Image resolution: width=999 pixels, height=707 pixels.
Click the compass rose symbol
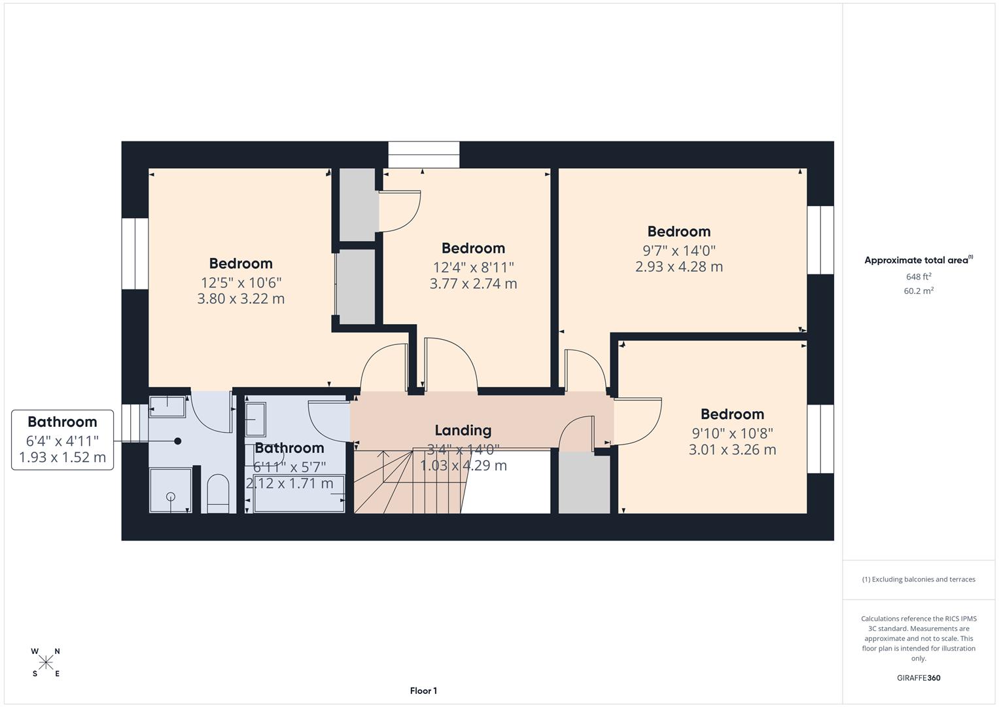point(46,662)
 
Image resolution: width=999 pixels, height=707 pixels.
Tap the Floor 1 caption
point(423,691)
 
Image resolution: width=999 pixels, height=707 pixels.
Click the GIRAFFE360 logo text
point(919,678)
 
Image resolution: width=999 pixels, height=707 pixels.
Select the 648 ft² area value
point(919,277)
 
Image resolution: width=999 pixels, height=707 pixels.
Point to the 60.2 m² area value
point(919,291)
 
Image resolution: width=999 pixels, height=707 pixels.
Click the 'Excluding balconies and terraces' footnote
point(919,579)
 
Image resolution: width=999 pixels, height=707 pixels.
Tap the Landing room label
point(463,430)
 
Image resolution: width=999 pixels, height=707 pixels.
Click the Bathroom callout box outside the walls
point(62,440)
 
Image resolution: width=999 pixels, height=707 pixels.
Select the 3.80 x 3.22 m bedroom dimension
point(241,299)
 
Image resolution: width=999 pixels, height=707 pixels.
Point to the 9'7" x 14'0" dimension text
point(678,250)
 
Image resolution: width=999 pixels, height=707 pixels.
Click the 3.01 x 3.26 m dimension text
point(732,450)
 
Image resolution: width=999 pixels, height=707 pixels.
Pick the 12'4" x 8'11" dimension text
point(473,267)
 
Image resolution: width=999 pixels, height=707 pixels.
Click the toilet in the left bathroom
point(217,494)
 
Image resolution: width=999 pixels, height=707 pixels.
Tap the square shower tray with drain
point(170,490)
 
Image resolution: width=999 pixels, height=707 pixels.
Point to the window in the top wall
point(424,154)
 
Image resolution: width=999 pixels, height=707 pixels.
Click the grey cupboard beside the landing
point(584,484)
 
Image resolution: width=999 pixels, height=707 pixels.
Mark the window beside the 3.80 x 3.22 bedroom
point(135,253)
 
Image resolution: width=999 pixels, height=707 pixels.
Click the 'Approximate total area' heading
point(919,260)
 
